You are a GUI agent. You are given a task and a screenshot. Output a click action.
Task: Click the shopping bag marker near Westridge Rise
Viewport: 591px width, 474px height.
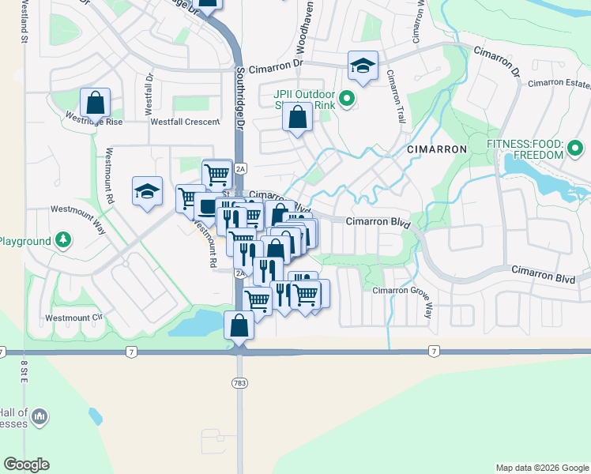point(95,102)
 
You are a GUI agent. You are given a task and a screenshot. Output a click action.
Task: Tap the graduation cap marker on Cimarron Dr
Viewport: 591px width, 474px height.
point(363,66)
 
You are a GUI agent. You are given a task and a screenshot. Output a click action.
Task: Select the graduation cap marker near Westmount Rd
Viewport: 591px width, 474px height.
point(147,191)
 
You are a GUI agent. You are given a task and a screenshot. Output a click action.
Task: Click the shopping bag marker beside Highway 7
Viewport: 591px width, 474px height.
point(239,325)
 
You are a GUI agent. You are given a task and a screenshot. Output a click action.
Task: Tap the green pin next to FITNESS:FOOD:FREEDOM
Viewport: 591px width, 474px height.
point(575,148)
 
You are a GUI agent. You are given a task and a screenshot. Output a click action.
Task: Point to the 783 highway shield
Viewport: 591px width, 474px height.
point(239,383)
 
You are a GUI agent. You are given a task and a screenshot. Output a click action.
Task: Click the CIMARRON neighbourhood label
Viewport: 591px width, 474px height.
point(437,149)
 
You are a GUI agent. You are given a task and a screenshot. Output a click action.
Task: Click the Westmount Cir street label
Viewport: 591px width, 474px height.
point(74,318)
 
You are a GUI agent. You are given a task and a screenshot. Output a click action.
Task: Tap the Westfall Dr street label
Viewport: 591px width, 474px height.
point(148,92)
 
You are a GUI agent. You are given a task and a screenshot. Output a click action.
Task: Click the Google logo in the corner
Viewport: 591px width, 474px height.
point(26,465)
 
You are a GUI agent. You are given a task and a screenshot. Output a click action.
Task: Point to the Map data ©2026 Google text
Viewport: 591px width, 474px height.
point(542,468)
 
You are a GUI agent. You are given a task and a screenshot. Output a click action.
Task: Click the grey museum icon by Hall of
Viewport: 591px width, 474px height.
point(42,416)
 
